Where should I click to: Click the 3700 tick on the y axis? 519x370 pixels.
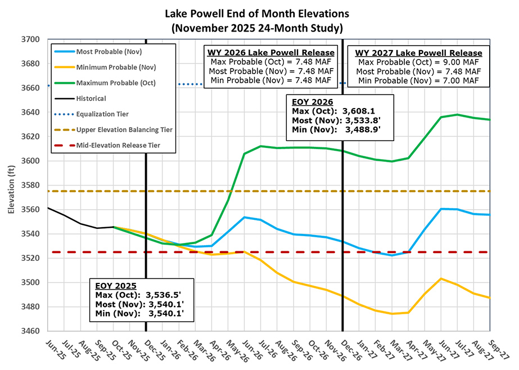[31, 39]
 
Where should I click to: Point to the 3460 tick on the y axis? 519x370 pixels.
[31, 331]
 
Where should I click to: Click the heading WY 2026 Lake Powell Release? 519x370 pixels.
[269, 52]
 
